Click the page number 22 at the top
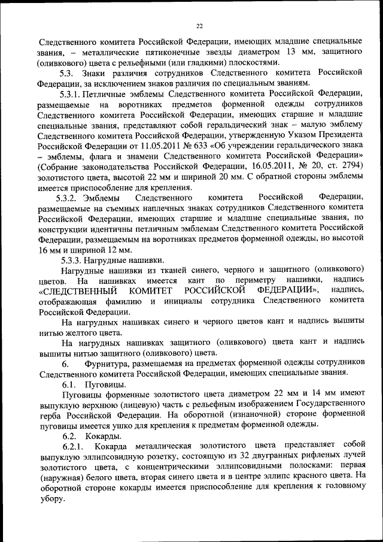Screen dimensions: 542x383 tap(199, 25)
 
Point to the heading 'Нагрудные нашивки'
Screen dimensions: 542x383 tap(126, 260)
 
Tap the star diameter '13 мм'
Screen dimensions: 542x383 tap(295, 52)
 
